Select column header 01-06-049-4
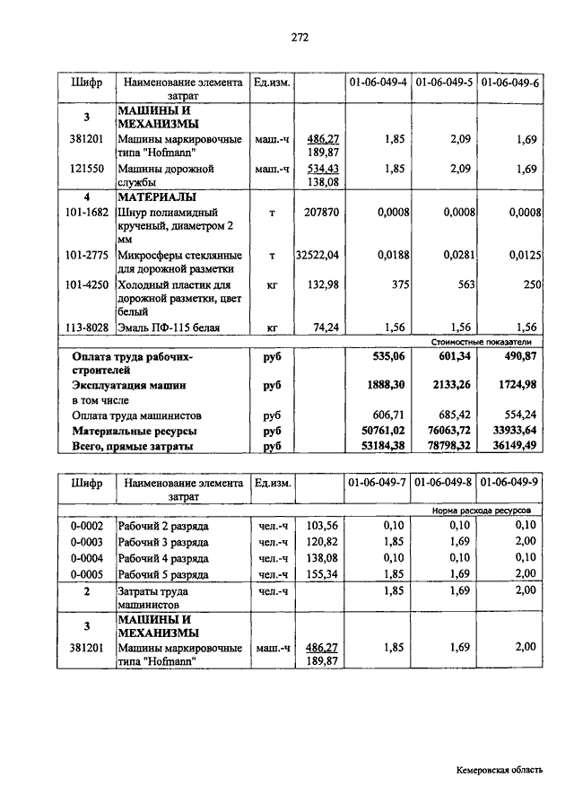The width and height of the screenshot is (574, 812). point(378,83)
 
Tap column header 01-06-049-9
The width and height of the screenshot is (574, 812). point(509,484)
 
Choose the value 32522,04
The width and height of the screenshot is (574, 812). point(318,256)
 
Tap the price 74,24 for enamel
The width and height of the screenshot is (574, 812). point(326,327)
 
